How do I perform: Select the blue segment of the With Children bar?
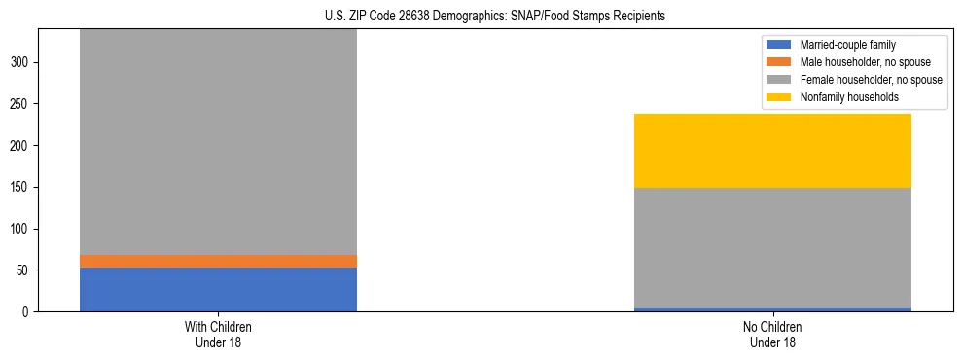coord(218,289)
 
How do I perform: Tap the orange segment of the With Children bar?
coord(218,261)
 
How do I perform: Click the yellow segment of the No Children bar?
coord(772,151)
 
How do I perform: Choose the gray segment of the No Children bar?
coord(772,247)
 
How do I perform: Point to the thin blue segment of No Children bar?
coord(772,309)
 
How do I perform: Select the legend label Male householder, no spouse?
coord(856,62)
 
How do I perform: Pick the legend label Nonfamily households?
coord(841,97)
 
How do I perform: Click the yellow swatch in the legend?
coord(779,97)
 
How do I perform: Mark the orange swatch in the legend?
coord(779,62)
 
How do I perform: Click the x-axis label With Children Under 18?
coord(218,334)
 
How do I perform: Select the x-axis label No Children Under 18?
coord(772,334)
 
